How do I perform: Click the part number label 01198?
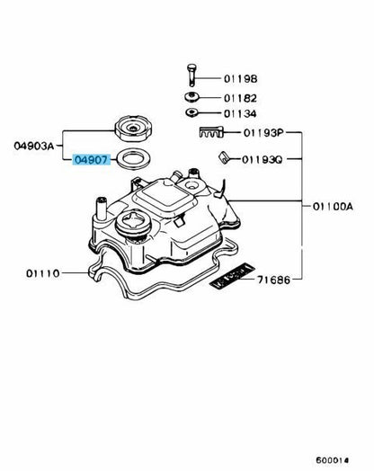pos(240,79)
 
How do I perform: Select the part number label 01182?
pos(240,98)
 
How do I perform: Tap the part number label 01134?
pos(240,114)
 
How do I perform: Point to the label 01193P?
pos(263,132)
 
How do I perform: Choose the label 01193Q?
pos(263,159)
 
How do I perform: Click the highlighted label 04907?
pos(92,160)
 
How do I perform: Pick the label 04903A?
pos(34,146)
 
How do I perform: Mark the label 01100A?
pos(333,207)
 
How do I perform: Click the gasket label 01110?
pos(43,273)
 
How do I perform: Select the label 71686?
pos(274,280)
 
